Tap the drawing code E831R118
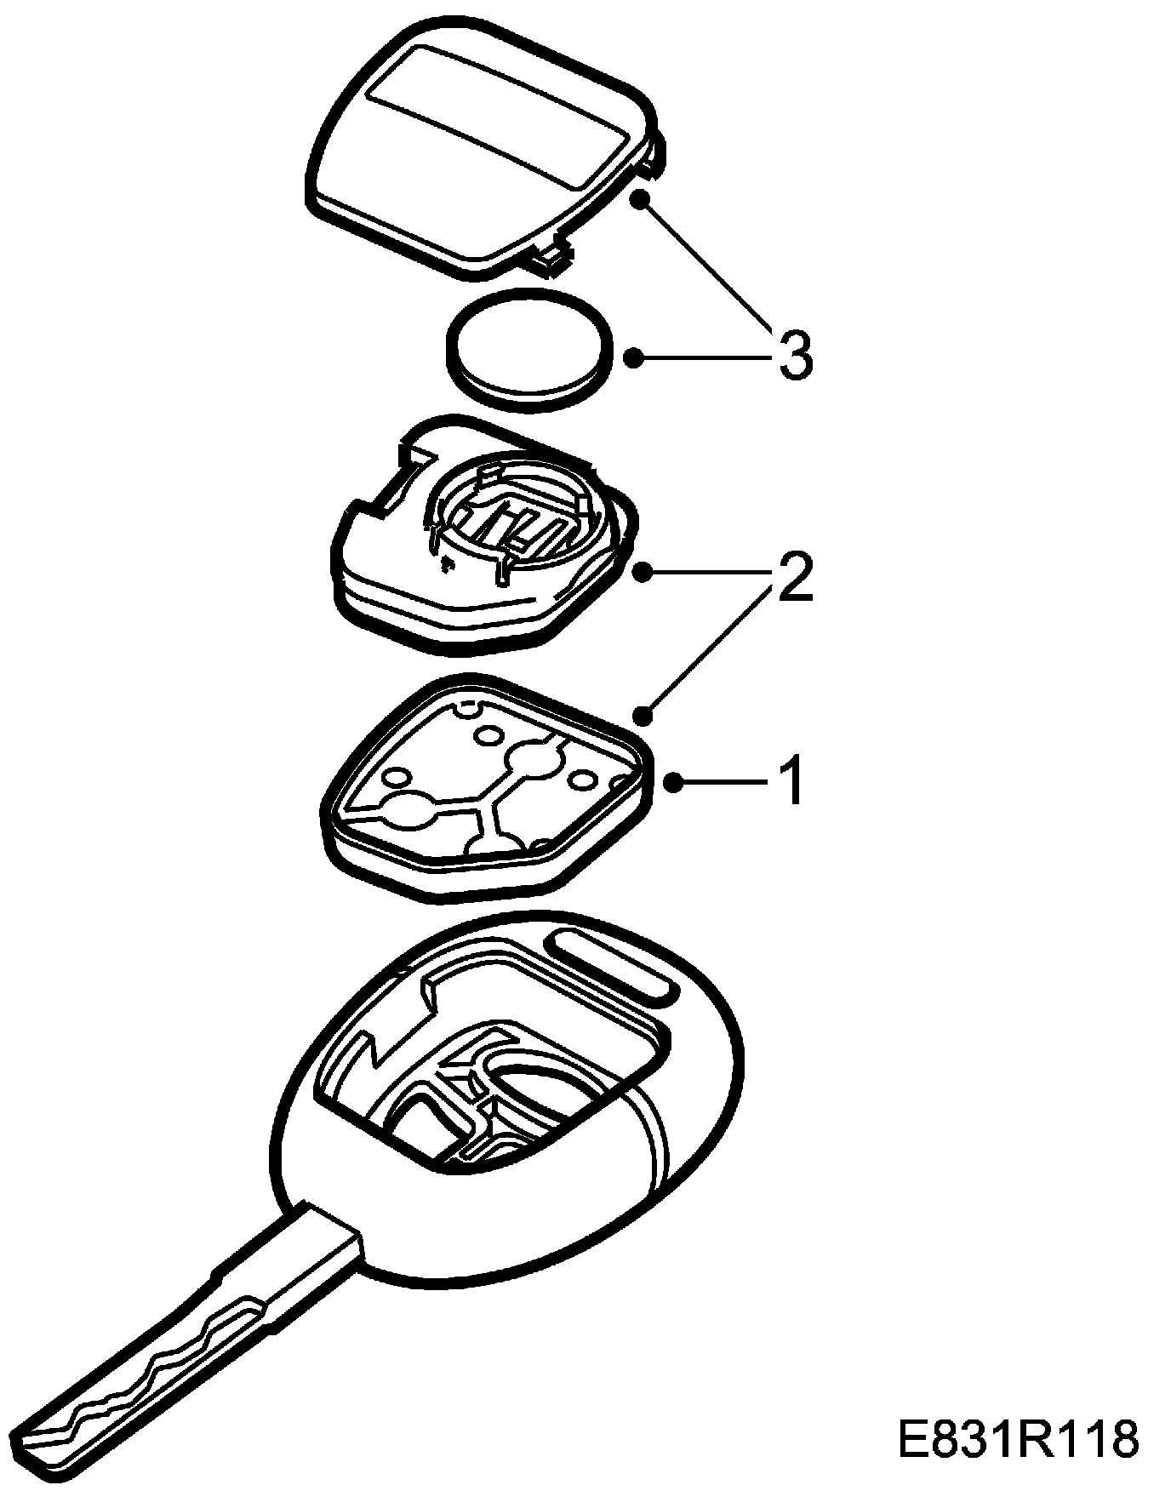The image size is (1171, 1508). click(1018, 1439)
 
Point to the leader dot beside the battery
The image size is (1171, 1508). click(632, 357)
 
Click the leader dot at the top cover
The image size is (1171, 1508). click(640, 201)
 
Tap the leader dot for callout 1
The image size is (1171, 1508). click(674, 782)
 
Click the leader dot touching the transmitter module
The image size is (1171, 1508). click(643, 572)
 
